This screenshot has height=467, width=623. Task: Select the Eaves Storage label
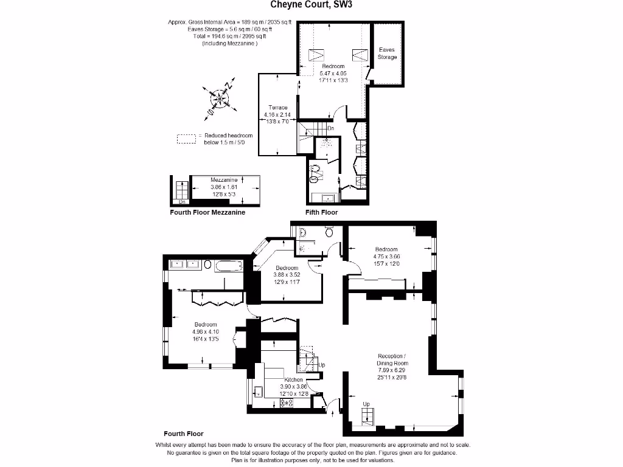pyautogui.click(x=387, y=54)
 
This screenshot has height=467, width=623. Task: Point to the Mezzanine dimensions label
pyautogui.click(x=224, y=187)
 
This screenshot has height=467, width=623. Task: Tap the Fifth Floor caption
pyautogui.click(x=321, y=213)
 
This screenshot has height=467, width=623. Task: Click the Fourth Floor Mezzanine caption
pyautogui.click(x=207, y=213)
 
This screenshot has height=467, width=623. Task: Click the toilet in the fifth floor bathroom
pyautogui.click(x=315, y=175)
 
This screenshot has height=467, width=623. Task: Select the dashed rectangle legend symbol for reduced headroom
pyautogui.click(x=186, y=139)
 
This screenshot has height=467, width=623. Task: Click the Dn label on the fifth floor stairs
pyautogui.click(x=330, y=128)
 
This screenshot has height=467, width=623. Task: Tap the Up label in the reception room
pyautogui.click(x=366, y=404)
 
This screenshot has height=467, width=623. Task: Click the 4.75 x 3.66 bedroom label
pyautogui.click(x=386, y=256)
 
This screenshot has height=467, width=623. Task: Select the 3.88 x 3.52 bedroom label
pyautogui.click(x=287, y=275)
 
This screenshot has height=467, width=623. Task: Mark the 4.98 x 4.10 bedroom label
pyautogui.click(x=205, y=331)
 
